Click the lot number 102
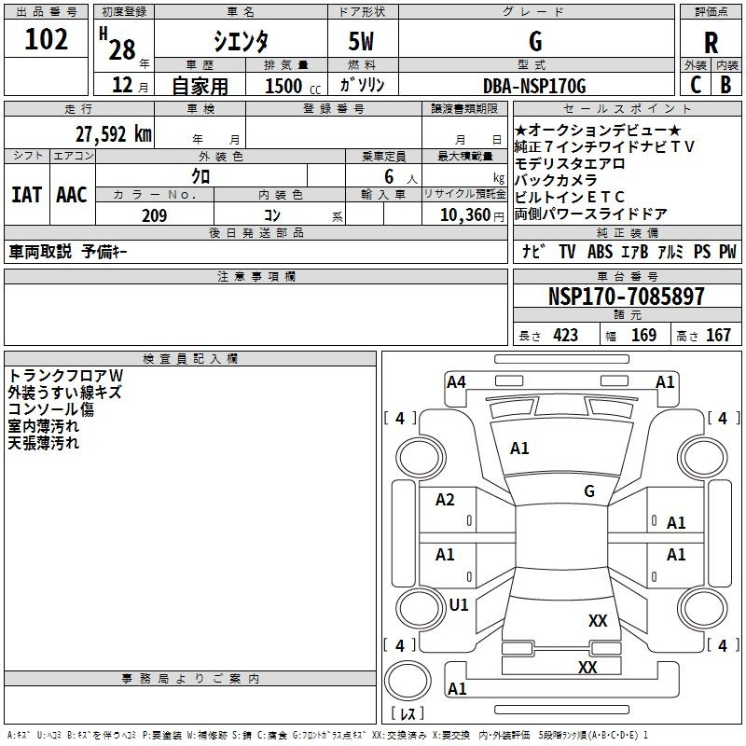[x=47, y=40]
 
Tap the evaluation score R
[x=711, y=43]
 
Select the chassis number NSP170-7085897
[x=626, y=297]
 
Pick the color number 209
[x=154, y=215]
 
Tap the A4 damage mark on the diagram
[x=456, y=381]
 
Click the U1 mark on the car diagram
[x=459, y=605]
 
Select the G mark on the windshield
[x=588, y=491]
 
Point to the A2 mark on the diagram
[x=446, y=500]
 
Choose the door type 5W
[x=362, y=41]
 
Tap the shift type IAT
[x=26, y=194]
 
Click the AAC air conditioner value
[x=71, y=194]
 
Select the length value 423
[x=565, y=335]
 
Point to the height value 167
[x=718, y=335]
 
